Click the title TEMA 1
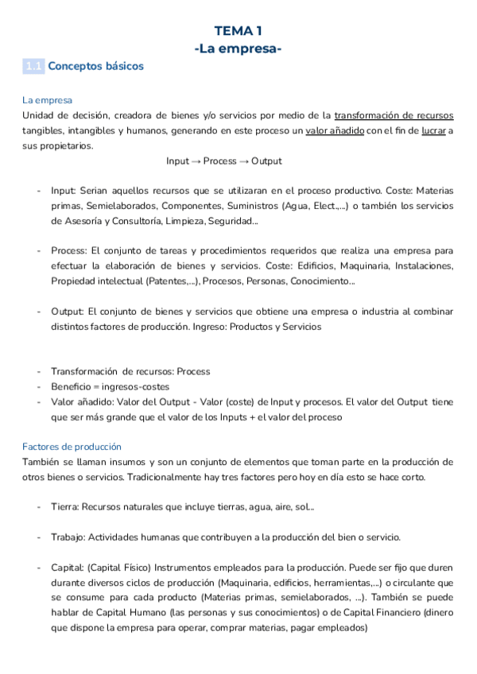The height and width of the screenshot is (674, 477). click(238, 31)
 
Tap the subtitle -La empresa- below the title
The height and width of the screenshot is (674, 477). click(238, 49)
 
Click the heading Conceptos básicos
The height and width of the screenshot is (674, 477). click(95, 67)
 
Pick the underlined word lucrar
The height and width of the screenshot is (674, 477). click(433, 131)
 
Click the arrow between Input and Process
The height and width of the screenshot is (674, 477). click(196, 161)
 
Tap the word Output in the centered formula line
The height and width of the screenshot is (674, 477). click(266, 161)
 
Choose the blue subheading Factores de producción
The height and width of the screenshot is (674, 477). click(72, 447)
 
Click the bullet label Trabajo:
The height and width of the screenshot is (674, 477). click(68, 536)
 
